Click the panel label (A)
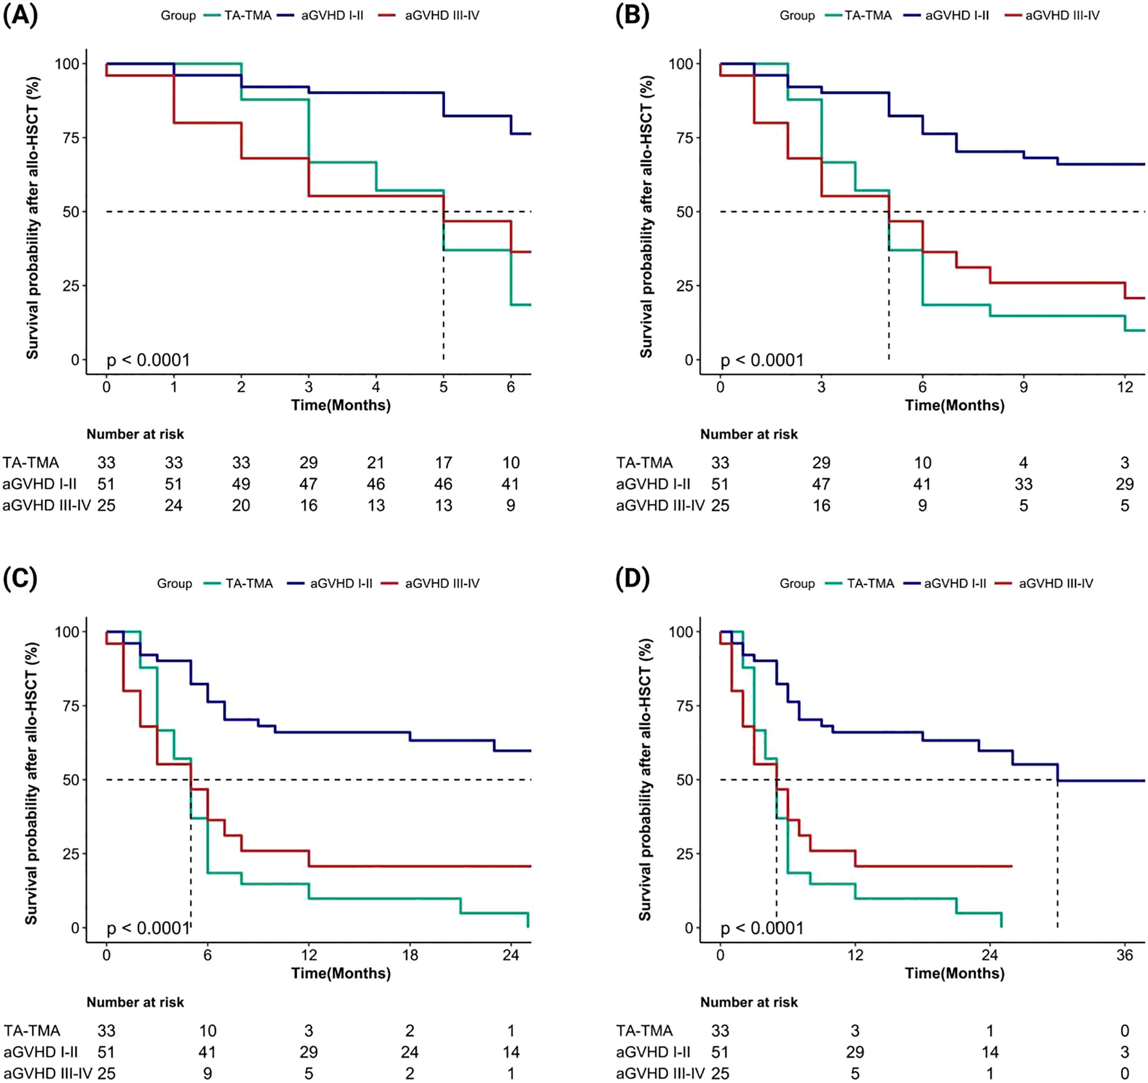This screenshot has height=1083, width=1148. [20, 16]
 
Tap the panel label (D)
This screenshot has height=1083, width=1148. [633, 583]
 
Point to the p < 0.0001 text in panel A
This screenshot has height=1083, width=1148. [149, 360]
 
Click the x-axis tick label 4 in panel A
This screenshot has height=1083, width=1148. [376, 387]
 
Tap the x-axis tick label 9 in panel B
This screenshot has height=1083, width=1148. [1023, 387]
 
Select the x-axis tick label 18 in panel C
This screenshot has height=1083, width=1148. [409, 955]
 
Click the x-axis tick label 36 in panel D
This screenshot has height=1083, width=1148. [1124, 955]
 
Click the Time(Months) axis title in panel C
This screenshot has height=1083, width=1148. [341, 973]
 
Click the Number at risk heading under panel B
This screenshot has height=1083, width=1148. [749, 434]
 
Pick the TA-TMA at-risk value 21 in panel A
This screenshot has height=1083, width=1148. [376, 462]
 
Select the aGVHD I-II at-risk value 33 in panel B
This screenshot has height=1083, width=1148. [1023, 484]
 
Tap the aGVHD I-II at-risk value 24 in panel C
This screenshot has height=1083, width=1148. [409, 1052]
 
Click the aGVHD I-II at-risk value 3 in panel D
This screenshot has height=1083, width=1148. [1124, 1052]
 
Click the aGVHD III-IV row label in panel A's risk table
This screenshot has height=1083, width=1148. [46, 505]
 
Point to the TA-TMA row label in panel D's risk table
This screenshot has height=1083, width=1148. [645, 1030]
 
